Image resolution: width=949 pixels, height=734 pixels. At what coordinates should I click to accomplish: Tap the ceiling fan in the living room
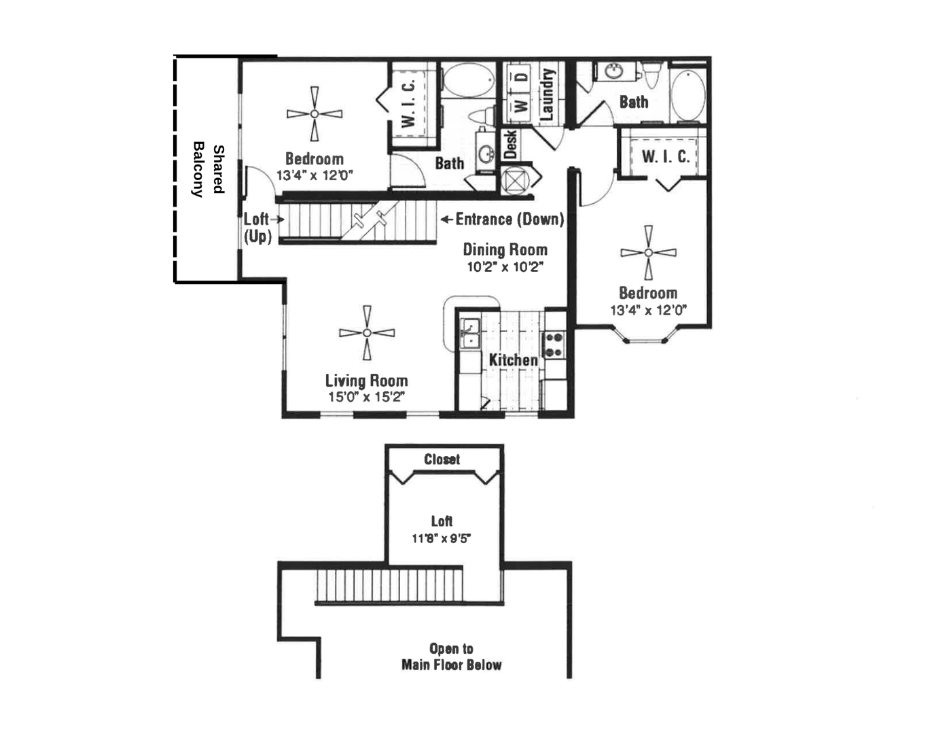pyautogui.click(x=367, y=333)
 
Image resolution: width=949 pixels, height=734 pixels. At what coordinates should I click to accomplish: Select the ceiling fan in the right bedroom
pyautogui.click(x=649, y=253)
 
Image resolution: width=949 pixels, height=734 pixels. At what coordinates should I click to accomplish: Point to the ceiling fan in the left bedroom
pyautogui.click(x=315, y=114)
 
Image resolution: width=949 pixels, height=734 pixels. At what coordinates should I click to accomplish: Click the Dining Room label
pyautogui.click(x=505, y=249)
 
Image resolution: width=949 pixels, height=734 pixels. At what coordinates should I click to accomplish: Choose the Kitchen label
pyautogui.click(x=513, y=360)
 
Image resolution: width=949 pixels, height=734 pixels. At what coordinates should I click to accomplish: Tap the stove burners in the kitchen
pyautogui.click(x=554, y=345)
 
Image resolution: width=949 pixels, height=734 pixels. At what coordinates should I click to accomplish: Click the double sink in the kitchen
pyautogui.click(x=470, y=334)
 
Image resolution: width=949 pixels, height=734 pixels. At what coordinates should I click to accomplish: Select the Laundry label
pyautogui.click(x=546, y=94)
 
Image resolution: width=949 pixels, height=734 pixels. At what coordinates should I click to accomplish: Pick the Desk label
pyautogui.click(x=511, y=145)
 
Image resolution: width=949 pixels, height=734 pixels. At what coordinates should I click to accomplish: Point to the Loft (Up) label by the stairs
pyautogui.click(x=257, y=228)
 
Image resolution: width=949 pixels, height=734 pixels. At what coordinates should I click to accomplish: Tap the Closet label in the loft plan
pyautogui.click(x=442, y=459)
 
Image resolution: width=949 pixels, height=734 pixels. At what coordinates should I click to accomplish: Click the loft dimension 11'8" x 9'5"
pyautogui.click(x=442, y=538)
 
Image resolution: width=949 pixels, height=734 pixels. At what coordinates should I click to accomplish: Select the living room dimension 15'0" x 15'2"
pyautogui.click(x=367, y=397)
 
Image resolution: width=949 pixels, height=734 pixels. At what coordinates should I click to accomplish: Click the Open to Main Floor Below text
pyautogui.click(x=452, y=657)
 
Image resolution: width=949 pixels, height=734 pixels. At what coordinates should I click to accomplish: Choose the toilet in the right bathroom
pyautogui.click(x=652, y=75)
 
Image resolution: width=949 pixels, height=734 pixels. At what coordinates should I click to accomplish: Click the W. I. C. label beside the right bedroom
pyautogui.click(x=666, y=156)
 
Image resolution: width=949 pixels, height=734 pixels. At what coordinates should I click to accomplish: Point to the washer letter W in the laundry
pyautogui.click(x=522, y=106)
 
